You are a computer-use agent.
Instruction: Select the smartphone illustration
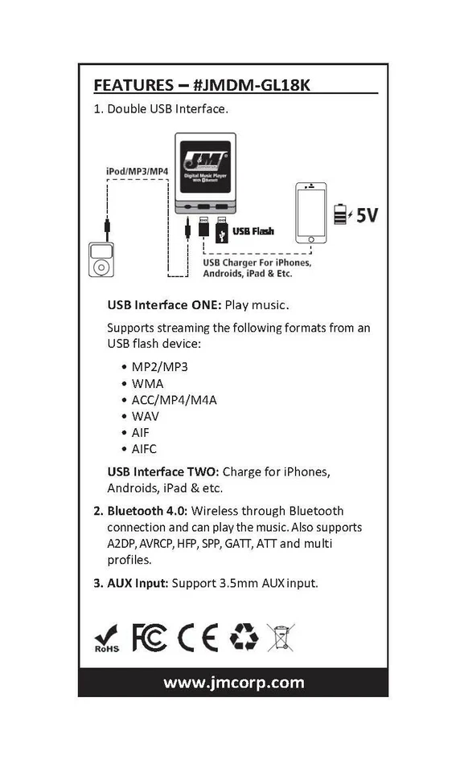pos(311,213)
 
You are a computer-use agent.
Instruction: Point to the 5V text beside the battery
pos(367,214)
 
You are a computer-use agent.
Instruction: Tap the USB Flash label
pos(253,231)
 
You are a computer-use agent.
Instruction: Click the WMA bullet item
pos(147,383)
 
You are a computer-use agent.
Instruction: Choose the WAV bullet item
pos(146,416)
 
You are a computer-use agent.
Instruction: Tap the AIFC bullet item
pos(144,449)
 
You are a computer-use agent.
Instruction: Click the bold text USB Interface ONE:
pos(158,305)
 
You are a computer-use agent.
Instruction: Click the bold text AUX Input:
pos(138,583)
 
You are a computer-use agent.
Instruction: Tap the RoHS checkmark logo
pos(106,638)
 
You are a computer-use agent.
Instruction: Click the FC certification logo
pos(150,637)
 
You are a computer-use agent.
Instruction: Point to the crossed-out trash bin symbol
pos(281,637)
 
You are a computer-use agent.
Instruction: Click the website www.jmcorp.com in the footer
pos(233,683)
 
